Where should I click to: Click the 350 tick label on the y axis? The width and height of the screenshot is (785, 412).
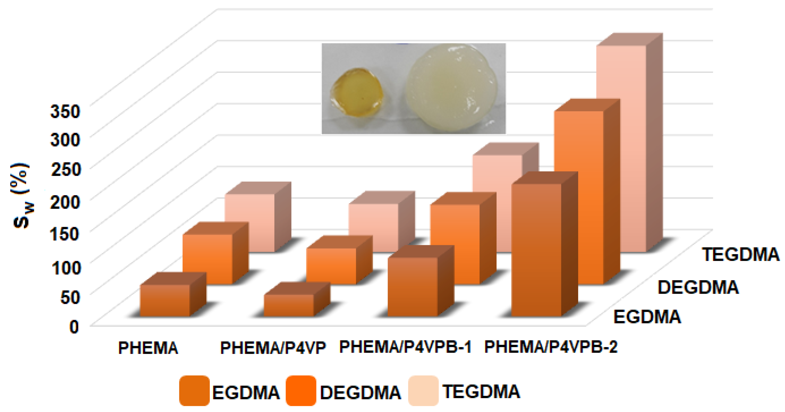tap(65, 111)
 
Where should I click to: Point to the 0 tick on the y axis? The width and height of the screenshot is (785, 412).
tap(74, 327)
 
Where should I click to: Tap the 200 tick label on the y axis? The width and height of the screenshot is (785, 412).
tap(65, 202)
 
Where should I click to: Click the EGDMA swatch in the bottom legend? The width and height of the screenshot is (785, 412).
tap(194, 391)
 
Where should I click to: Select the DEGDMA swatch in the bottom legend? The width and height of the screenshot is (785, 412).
tap(301, 391)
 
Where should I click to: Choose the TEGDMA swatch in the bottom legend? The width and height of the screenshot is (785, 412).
tap(423, 391)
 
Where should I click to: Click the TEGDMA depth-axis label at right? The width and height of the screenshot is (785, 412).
tap(741, 255)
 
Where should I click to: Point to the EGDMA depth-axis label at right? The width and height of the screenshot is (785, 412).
tap(647, 317)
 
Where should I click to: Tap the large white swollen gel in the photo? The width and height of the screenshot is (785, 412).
tap(451, 88)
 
